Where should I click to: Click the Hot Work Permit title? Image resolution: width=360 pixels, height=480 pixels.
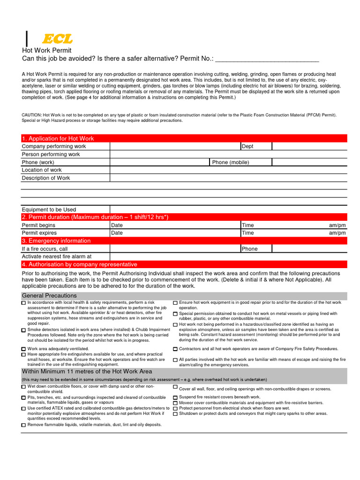click(x=47, y=50)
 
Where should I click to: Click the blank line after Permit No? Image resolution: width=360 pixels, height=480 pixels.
click(x=267, y=59)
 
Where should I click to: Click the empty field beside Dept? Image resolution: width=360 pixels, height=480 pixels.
click(x=309, y=146)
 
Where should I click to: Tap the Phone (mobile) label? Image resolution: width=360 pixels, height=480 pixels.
click(x=230, y=162)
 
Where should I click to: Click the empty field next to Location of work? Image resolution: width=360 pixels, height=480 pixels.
click(x=228, y=170)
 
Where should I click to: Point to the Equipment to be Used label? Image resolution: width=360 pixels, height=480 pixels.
click(x=49, y=210)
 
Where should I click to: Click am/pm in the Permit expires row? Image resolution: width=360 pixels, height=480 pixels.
click(x=337, y=233)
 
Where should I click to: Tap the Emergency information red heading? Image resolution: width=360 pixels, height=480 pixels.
click(x=56, y=240)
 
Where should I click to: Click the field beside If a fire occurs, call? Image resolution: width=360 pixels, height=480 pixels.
click(x=175, y=249)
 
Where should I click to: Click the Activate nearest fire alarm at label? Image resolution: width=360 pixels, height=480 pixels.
click(x=56, y=256)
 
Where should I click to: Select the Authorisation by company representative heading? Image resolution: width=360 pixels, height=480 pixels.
click(x=80, y=264)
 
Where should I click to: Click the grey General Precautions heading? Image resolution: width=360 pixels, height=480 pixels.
click(x=49, y=296)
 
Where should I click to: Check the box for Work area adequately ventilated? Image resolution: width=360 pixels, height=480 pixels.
click(x=24, y=350)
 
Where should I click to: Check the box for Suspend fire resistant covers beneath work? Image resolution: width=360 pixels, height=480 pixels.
click(x=175, y=397)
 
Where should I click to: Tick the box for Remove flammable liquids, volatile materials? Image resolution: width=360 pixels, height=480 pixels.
click(x=24, y=425)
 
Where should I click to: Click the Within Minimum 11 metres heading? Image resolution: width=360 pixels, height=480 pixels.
click(x=87, y=371)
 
